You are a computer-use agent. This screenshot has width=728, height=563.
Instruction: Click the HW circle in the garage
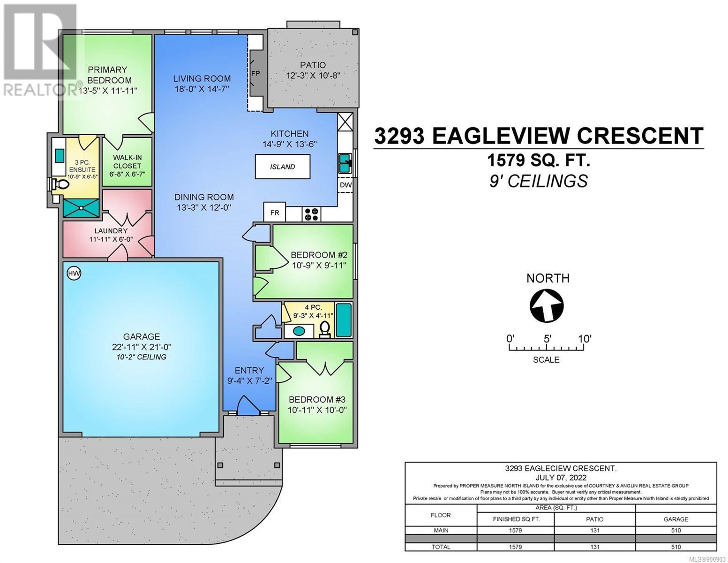click(74, 273)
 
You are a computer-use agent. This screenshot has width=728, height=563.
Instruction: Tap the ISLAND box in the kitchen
click(282, 167)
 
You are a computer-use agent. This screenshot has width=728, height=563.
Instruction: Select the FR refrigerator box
click(275, 212)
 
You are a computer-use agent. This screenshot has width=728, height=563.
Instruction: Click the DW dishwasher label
click(345, 185)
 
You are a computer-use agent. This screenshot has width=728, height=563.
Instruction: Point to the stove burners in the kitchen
click(311, 214)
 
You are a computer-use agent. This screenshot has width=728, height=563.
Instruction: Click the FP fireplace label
click(255, 73)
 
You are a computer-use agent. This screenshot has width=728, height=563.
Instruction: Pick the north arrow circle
click(547, 306)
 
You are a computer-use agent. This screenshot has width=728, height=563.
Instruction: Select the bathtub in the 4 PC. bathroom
click(344, 320)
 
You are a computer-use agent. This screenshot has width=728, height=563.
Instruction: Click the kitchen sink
click(345, 163)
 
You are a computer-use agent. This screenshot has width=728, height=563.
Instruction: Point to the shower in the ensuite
click(82, 207)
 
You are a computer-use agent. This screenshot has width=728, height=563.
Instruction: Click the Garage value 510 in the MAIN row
click(676, 531)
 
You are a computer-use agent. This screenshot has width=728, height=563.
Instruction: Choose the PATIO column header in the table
click(595, 519)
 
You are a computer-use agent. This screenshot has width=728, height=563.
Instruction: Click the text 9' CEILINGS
click(538, 182)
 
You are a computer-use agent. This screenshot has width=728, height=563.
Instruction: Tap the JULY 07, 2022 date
click(561, 477)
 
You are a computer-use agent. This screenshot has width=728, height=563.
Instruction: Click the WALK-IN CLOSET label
click(127, 161)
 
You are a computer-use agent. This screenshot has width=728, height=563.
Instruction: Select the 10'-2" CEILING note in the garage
click(142, 357)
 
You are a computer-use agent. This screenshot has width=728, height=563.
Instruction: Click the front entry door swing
click(248, 405)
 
